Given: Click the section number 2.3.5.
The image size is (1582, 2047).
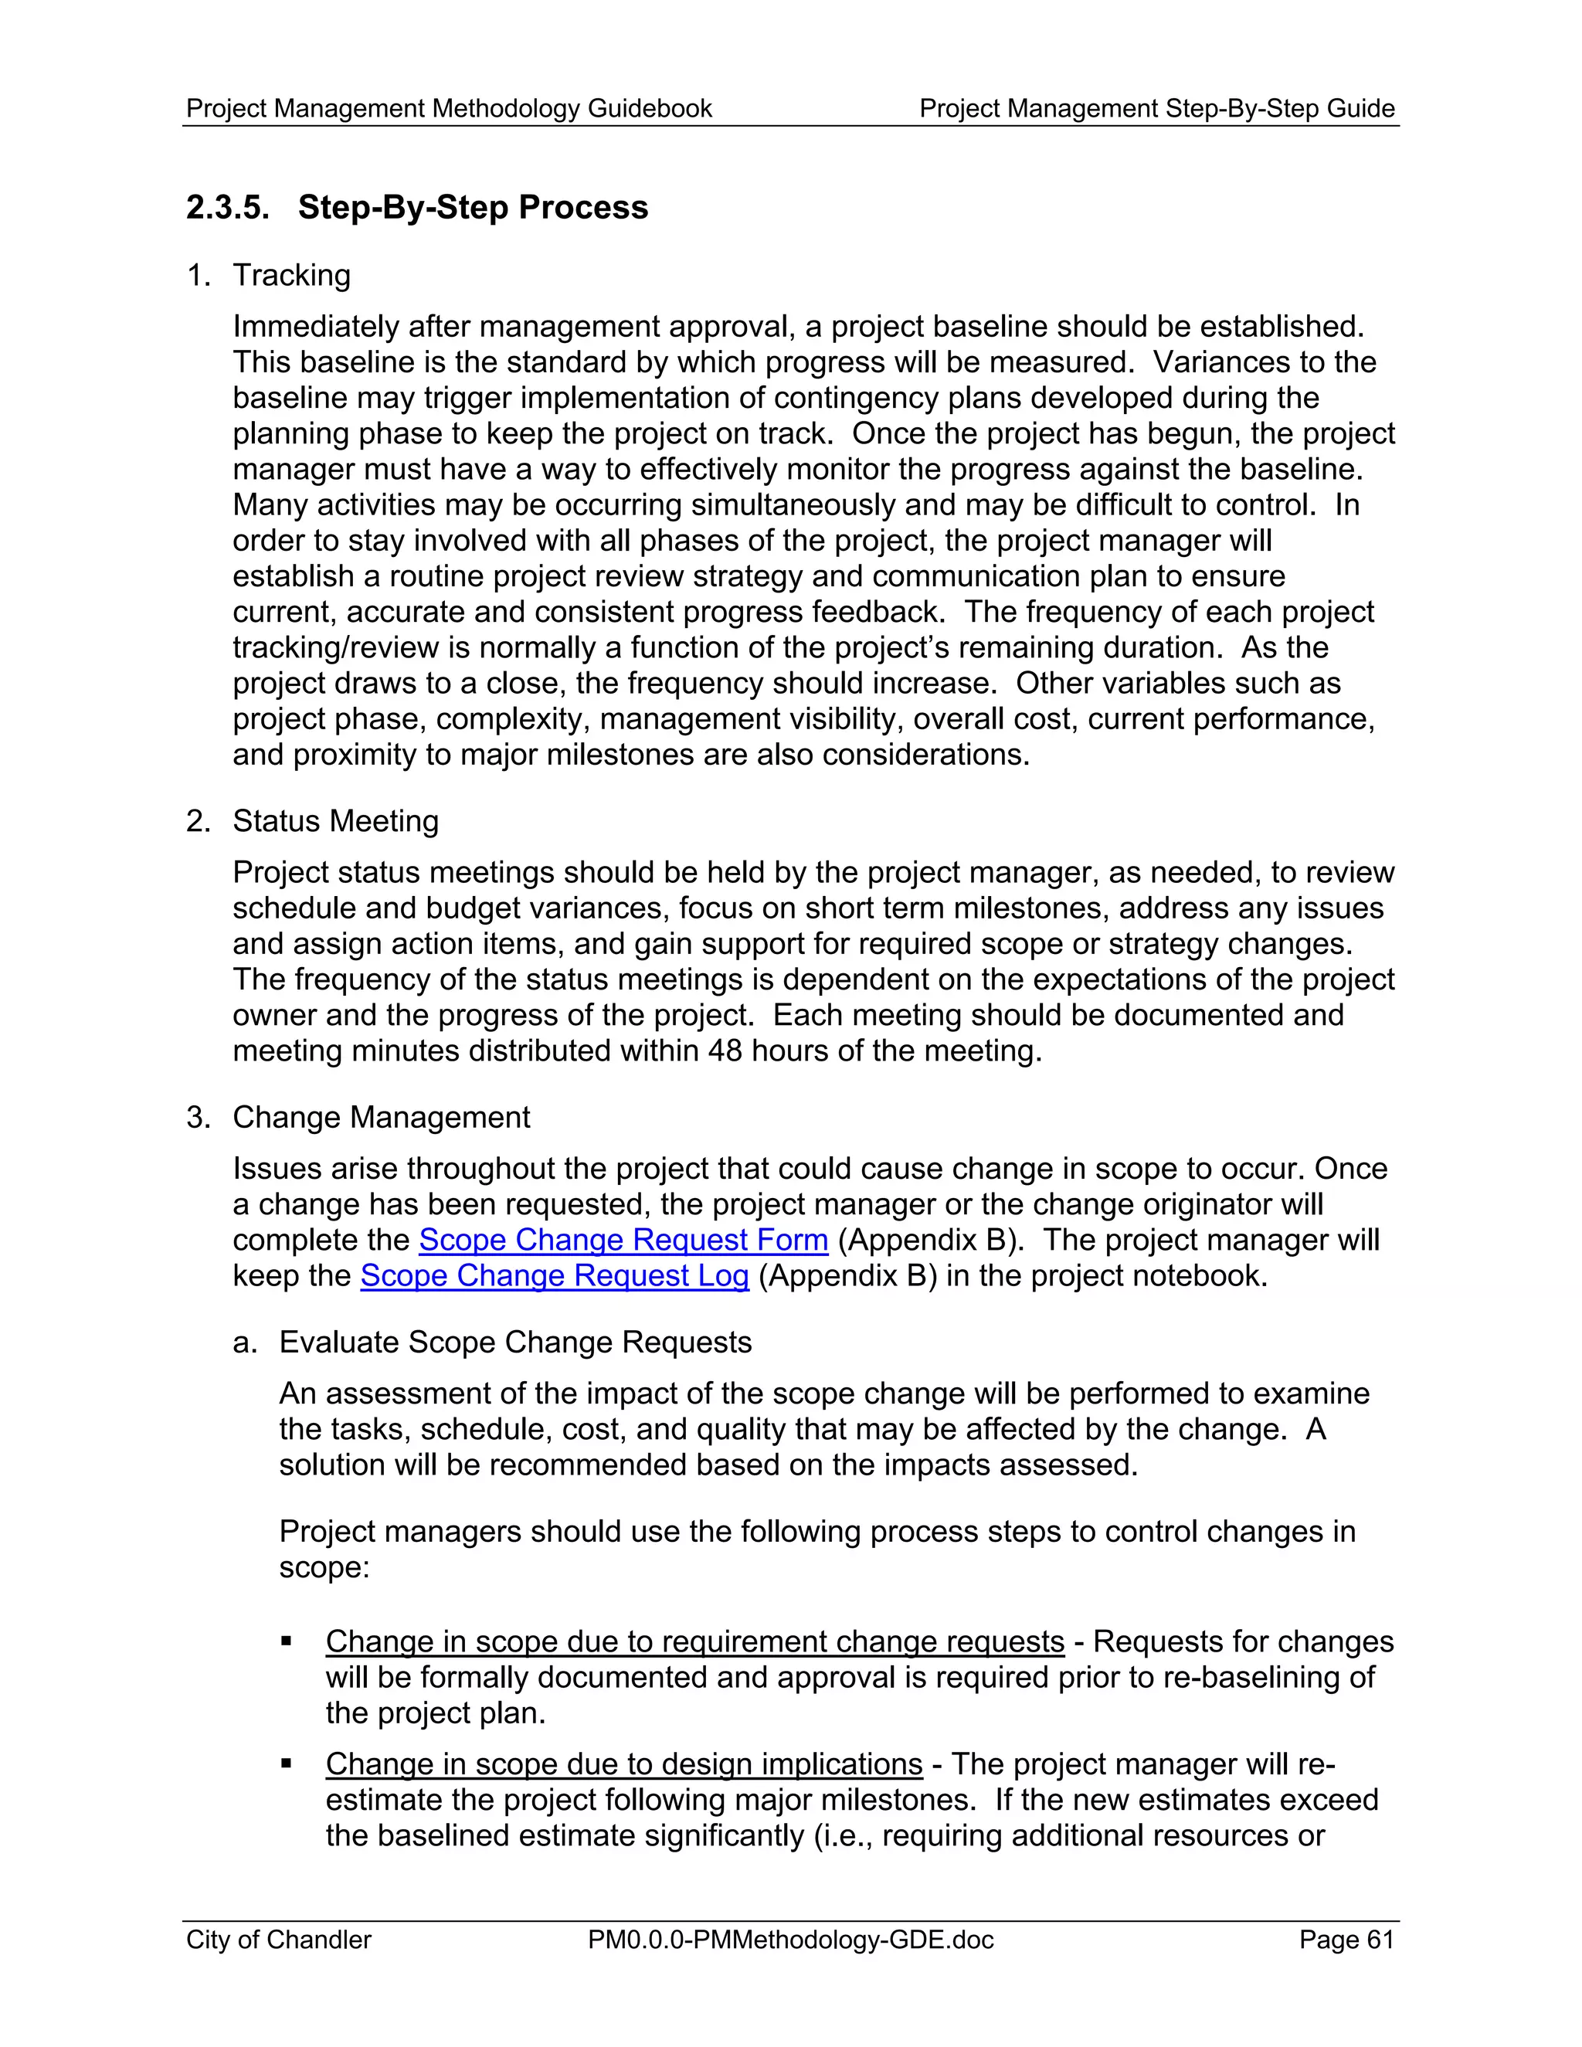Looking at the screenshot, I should tap(228, 207).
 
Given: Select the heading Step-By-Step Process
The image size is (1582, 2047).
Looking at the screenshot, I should tap(472, 207).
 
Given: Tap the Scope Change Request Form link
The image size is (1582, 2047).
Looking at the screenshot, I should tap(623, 1240).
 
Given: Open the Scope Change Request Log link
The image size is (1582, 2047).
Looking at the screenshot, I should tap(555, 1275).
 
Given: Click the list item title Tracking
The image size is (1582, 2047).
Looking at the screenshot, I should tap(291, 276).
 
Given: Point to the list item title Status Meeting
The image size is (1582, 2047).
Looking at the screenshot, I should tap(335, 821).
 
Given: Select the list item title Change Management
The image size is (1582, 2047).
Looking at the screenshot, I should tap(382, 1117).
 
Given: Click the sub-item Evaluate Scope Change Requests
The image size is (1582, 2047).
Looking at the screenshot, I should tap(515, 1343).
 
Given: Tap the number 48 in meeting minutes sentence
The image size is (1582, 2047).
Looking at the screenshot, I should tap(725, 1051).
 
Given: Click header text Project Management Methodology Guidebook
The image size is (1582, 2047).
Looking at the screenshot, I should tap(449, 109).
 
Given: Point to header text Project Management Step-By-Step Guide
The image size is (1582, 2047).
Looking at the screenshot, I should tap(1156, 109).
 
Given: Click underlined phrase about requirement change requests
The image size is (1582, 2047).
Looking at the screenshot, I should tap(694, 1642).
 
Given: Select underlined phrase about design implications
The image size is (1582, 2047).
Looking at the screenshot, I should tap(624, 1764).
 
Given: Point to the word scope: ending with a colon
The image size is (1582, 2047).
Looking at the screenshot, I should tap(324, 1567).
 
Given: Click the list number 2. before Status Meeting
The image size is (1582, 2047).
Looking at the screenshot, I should tap(197, 821).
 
